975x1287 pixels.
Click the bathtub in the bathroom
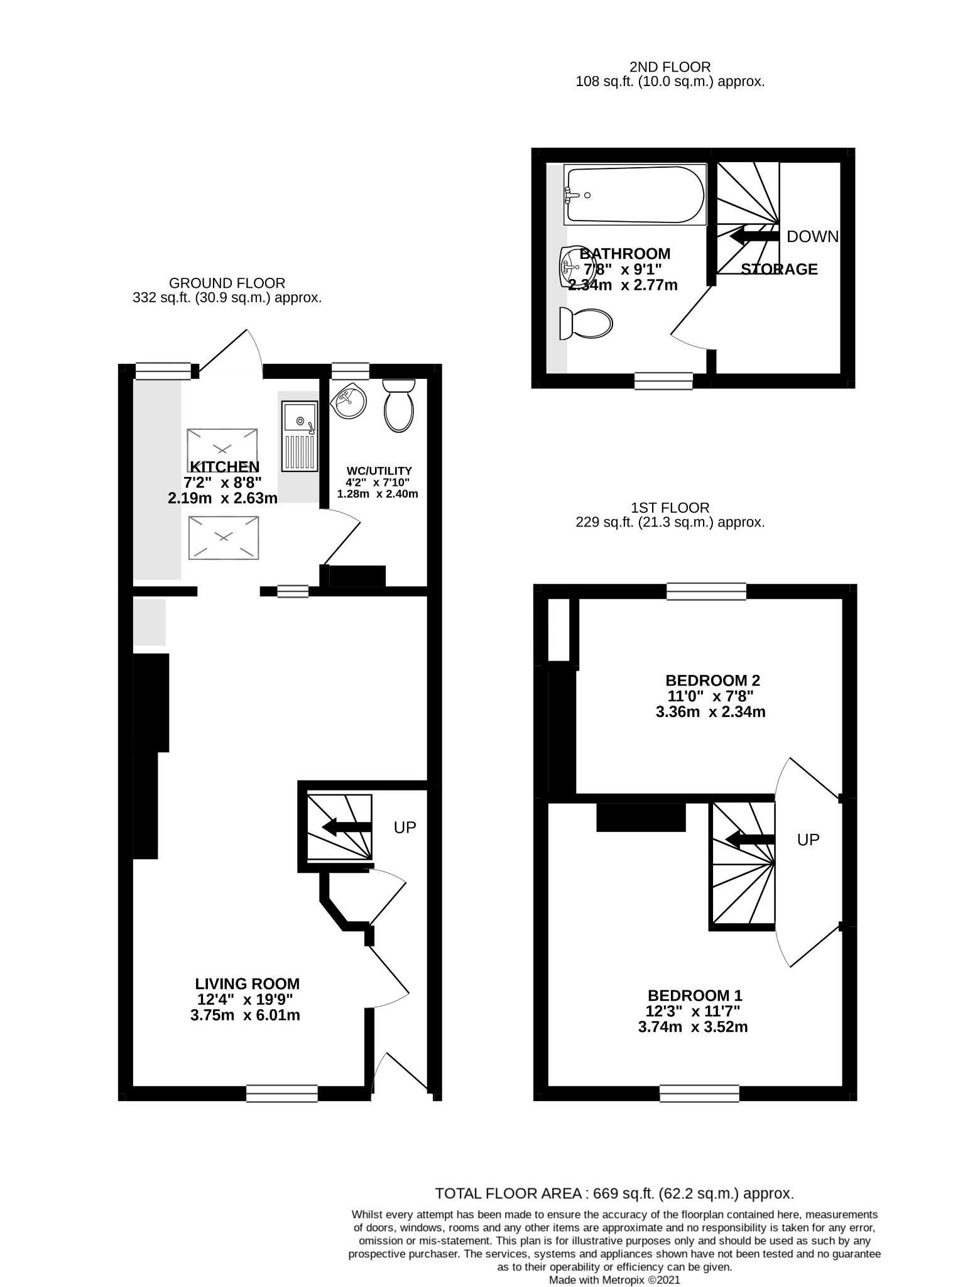pyautogui.click(x=635, y=195)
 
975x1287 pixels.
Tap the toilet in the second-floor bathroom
pyautogui.click(x=585, y=324)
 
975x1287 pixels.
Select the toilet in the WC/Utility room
pyautogui.click(x=398, y=405)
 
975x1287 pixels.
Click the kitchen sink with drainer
pyautogui.click(x=300, y=437)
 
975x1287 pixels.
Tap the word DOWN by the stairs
pyautogui.click(x=812, y=236)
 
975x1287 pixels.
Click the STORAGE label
pyautogui.click(x=779, y=270)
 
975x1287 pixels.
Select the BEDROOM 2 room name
pyautogui.click(x=712, y=680)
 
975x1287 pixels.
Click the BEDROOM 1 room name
pyautogui.click(x=695, y=995)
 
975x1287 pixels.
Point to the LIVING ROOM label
pyautogui.click(x=247, y=983)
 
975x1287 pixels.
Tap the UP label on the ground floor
pyautogui.click(x=405, y=828)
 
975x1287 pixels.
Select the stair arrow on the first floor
pyautogui.click(x=749, y=839)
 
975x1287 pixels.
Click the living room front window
pyautogui.click(x=282, y=1093)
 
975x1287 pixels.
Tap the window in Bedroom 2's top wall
pyautogui.click(x=707, y=591)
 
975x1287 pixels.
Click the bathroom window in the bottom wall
pyautogui.click(x=663, y=381)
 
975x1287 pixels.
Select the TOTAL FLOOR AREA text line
pyautogui.click(x=614, y=1193)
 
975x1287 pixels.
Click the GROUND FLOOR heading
pyautogui.click(x=227, y=283)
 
